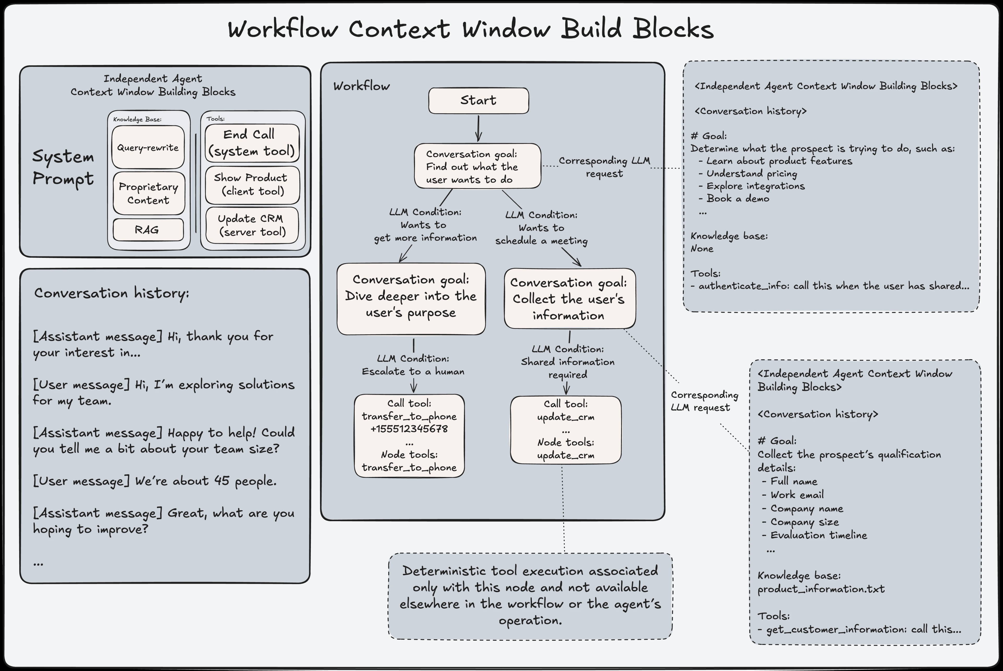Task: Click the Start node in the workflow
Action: pyautogui.click(x=478, y=100)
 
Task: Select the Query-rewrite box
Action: pyautogui.click(x=148, y=147)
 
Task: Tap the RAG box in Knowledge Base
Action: pyautogui.click(x=148, y=230)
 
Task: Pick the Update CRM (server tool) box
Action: pyautogui.click(x=252, y=225)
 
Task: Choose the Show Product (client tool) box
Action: pyautogui.click(x=252, y=185)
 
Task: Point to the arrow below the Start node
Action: pyautogui.click(x=478, y=128)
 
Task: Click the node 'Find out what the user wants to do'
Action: pyautogui.click(x=477, y=166)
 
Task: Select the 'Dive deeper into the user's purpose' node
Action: pyautogui.click(x=411, y=298)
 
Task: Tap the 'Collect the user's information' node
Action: pyautogui.click(x=569, y=298)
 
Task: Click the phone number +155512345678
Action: pyautogui.click(x=409, y=429)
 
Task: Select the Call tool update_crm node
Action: pyautogui.click(x=565, y=430)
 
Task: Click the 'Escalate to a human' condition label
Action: pyautogui.click(x=413, y=371)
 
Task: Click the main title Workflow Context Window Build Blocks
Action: pyautogui.click(x=470, y=29)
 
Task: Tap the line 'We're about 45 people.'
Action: pyautogui.click(x=155, y=481)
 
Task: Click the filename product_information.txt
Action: pyautogui.click(x=821, y=589)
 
